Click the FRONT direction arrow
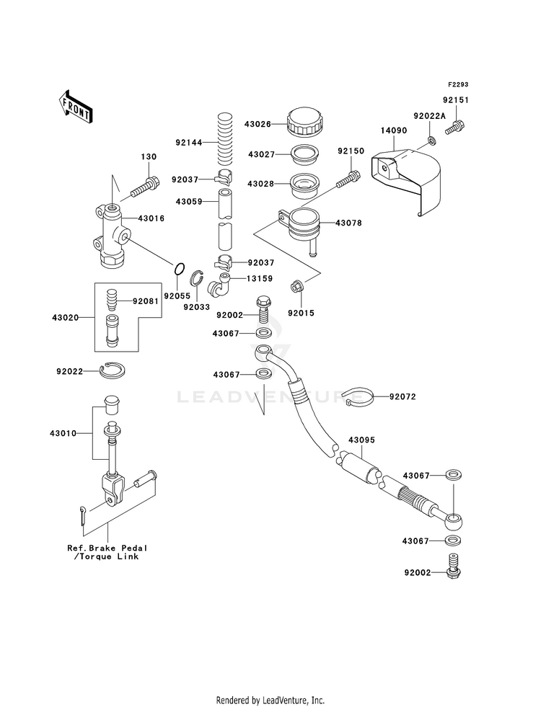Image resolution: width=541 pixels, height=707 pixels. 75,107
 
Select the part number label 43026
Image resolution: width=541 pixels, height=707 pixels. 258,124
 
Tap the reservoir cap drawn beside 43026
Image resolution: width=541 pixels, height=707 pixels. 304,123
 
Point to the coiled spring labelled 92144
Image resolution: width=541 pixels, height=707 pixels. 224,139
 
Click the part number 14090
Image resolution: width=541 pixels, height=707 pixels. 393,130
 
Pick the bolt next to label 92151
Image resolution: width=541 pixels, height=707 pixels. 455,127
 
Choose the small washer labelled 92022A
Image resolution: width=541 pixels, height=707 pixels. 431,141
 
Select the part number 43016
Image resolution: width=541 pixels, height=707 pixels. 151,218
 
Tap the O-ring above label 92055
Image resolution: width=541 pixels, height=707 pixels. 179,269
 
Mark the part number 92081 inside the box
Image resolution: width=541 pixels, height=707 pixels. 145,301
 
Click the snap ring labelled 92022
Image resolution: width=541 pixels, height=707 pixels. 113,370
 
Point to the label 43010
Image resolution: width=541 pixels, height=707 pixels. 63,433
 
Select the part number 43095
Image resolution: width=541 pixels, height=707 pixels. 361,440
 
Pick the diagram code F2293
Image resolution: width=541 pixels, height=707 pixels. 458,85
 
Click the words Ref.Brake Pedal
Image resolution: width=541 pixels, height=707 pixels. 107,548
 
